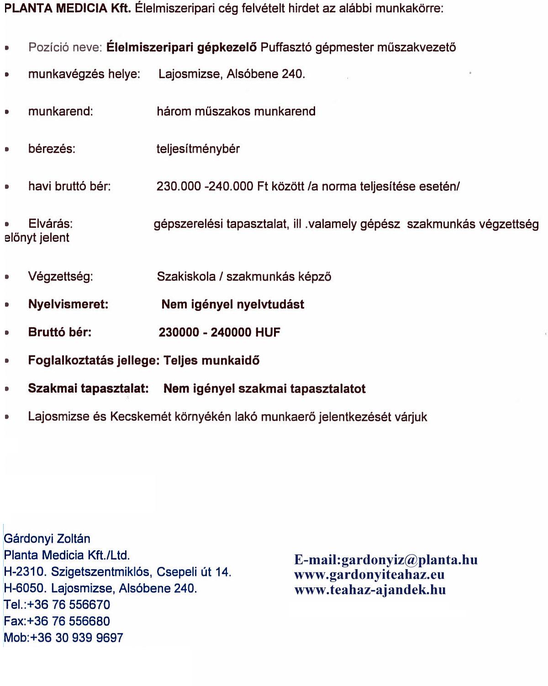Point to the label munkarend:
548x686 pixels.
click(60, 111)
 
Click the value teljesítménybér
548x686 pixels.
click(198, 149)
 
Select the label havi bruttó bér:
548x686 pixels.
click(69, 186)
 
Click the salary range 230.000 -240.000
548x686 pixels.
click(205, 186)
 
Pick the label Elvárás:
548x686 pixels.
click(50, 224)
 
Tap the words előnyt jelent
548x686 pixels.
click(37, 238)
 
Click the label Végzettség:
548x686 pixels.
click(60, 277)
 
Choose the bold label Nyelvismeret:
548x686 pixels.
click(68, 304)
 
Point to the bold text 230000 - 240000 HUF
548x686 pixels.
click(219, 332)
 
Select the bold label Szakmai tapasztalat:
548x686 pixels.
click(88, 389)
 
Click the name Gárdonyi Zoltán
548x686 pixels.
click(47, 539)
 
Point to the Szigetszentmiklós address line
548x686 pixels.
click(117, 572)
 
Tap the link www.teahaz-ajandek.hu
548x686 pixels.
click(370, 590)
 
